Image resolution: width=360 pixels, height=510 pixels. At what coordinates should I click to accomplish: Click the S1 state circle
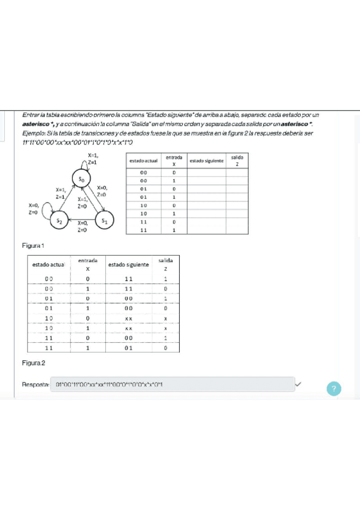pyautogui.click(x=105, y=221)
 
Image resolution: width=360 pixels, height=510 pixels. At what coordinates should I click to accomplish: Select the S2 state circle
pyautogui.click(x=59, y=221)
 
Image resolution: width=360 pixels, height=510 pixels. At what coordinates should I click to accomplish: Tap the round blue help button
pyautogui.click(x=334, y=389)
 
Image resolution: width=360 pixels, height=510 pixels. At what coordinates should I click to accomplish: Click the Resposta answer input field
pyautogui.click(x=172, y=384)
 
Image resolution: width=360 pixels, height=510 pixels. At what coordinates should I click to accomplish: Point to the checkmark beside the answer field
pyautogui.click(x=299, y=384)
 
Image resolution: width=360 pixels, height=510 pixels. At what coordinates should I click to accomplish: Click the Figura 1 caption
pyautogui.click(x=33, y=245)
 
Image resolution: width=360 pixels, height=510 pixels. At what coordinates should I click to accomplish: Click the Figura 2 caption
pyautogui.click(x=33, y=363)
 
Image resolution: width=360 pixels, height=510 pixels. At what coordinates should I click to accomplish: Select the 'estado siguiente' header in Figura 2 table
pyautogui.click(x=129, y=265)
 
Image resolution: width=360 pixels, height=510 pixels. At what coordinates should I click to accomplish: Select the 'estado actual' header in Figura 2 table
pyautogui.click(x=49, y=265)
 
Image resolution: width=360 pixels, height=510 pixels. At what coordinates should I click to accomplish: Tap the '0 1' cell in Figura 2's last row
pyautogui.click(x=129, y=348)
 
